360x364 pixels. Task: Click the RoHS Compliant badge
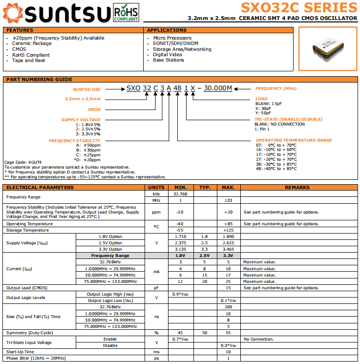tap(126, 12)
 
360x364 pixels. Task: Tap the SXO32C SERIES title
tap(298, 7)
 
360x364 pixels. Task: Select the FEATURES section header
tap(20, 30)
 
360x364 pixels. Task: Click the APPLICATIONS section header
tap(167, 30)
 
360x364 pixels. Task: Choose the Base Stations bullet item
tap(169, 60)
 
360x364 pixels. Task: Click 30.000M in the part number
tap(217, 88)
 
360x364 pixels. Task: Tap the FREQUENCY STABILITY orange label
tap(74, 141)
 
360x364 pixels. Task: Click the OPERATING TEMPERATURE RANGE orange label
tap(294, 140)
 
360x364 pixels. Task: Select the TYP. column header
tap(205, 187)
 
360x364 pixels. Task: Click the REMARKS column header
tap(297, 187)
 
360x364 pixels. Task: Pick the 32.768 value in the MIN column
tap(181, 193)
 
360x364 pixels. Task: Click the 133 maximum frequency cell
tap(228, 200)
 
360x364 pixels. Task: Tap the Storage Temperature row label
tap(27, 230)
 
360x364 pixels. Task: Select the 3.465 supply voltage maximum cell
tap(228, 249)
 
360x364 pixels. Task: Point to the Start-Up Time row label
tap(20, 352)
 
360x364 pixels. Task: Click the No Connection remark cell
tap(258, 339)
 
